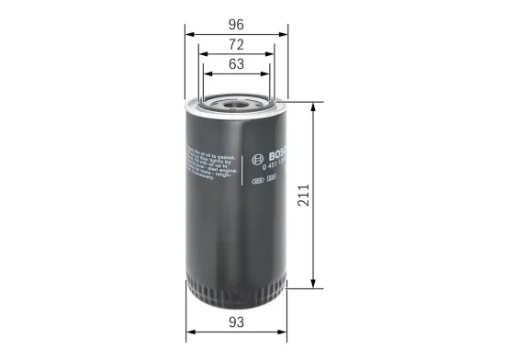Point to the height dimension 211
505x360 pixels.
pos(328,195)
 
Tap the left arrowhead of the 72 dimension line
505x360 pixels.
pos(201,54)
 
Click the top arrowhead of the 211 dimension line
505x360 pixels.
pos(315,103)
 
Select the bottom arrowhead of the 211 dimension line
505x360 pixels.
pos(315,284)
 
